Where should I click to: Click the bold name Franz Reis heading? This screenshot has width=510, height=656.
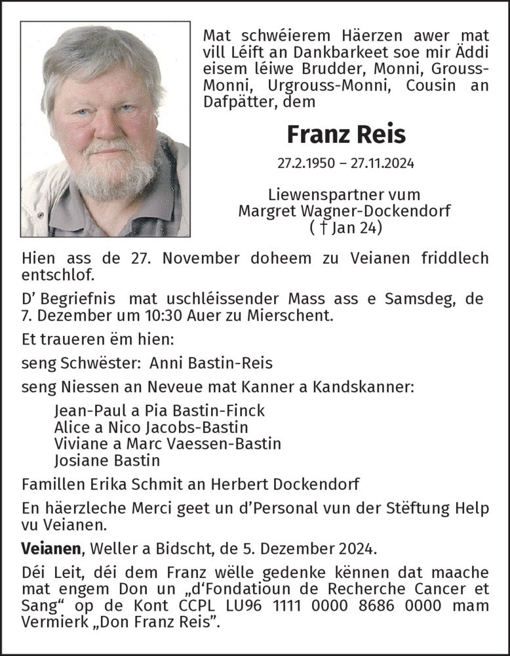346,134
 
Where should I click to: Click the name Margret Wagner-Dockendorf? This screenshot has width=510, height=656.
345,211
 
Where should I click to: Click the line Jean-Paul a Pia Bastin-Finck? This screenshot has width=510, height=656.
160,411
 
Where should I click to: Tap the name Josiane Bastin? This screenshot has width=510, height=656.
107,460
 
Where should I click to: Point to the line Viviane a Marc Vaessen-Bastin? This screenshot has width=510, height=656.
168,443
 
